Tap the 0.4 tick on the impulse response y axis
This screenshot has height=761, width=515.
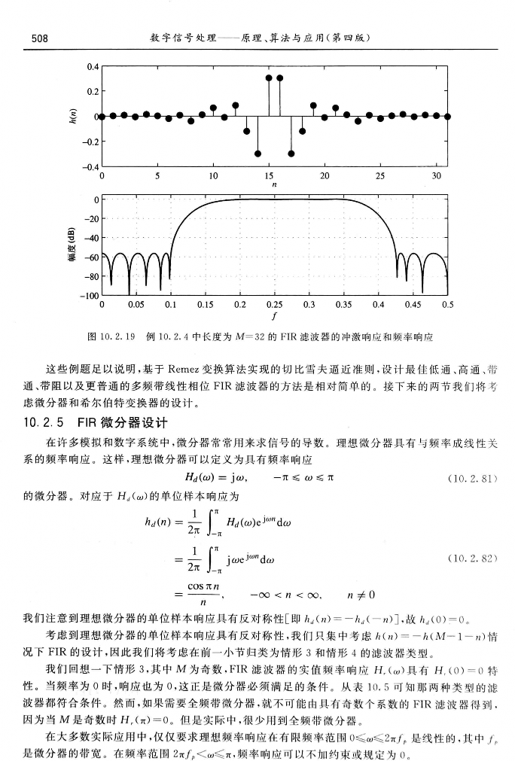[x=91, y=66]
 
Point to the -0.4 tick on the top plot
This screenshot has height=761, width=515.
[x=90, y=166]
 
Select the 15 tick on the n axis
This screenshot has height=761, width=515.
[x=269, y=175]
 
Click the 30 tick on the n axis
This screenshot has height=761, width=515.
[x=436, y=175]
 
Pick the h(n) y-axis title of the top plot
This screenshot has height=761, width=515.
[x=73, y=116]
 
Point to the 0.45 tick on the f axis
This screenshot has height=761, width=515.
[x=413, y=306]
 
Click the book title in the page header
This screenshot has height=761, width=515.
[x=258, y=38]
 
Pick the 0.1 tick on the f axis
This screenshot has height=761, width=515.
[x=170, y=306]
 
